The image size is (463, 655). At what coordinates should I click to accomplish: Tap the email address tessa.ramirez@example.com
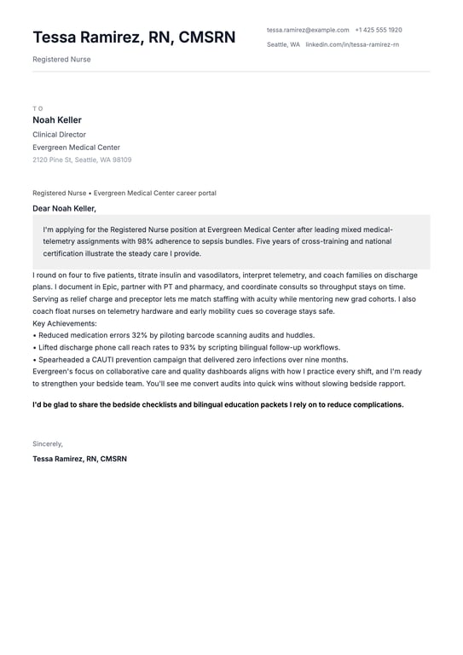[308, 30]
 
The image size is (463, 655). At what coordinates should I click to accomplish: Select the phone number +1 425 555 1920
[379, 30]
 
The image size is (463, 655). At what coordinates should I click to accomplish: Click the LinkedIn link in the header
[352, 44]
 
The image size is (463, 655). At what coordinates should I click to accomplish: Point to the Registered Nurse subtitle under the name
[61, 60]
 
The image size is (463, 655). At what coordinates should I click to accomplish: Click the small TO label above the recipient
[38, 108]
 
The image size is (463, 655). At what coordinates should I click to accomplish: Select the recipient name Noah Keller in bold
[57, 120]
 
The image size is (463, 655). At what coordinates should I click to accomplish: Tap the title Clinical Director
[59, 135]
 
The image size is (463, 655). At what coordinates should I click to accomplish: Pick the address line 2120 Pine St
[82, 160]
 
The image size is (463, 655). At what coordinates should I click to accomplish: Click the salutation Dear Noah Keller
[64, 208]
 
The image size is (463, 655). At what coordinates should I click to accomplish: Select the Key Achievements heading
[65, 323]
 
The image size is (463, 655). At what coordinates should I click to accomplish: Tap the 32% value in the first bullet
[139, 335]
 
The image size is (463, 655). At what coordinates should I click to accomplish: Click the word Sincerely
[48, 444]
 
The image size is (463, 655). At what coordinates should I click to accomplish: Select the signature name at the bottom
[79, 459]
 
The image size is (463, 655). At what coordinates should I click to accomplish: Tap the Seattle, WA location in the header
[283, 44]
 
